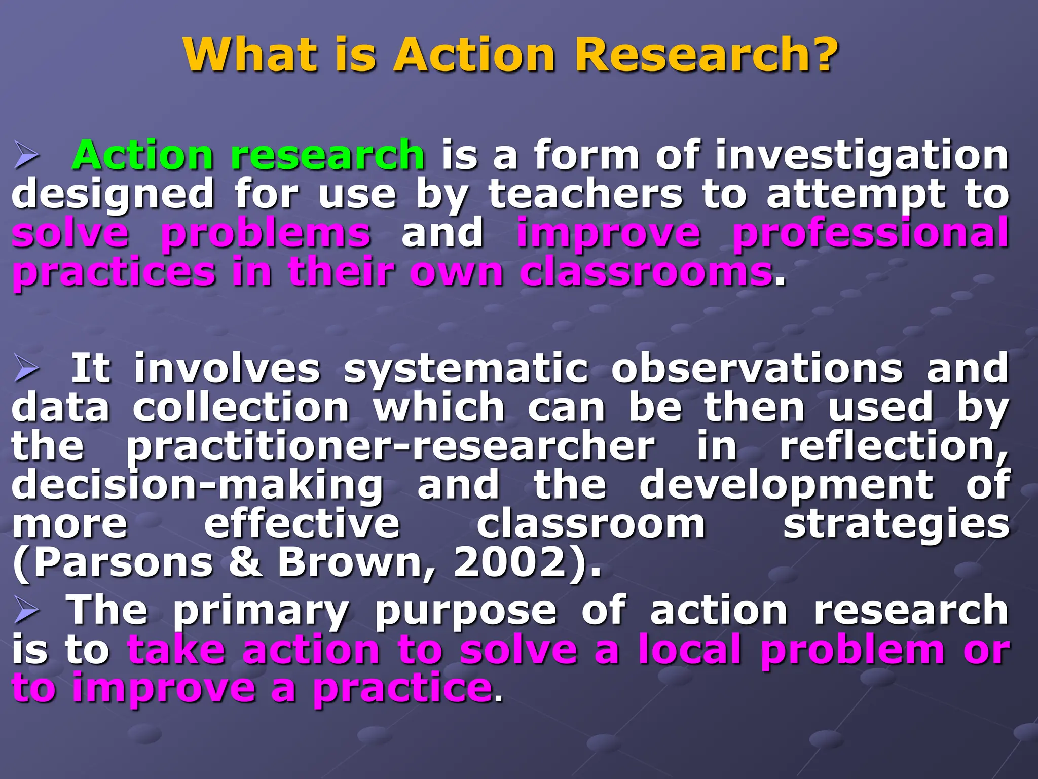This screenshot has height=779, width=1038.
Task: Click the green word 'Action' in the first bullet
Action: [x=143, y=156]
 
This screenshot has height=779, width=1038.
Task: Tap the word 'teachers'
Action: [x=585, y=195]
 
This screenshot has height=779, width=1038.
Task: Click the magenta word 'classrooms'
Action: [x=646, y=273]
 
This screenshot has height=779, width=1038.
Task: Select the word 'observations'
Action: [x=757, y=369]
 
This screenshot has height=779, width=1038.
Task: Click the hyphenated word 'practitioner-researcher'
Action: [x=390, y=448]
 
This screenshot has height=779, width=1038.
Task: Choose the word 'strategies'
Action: [x=896, y=525]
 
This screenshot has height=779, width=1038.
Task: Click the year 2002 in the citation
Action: [x=509, y=562]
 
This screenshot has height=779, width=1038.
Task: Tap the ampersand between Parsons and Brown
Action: [x=245, y=562]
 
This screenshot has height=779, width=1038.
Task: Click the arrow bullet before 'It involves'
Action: [x=26, y=369]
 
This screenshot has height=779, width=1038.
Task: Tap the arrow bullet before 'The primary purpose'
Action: [x=26, y=611]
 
